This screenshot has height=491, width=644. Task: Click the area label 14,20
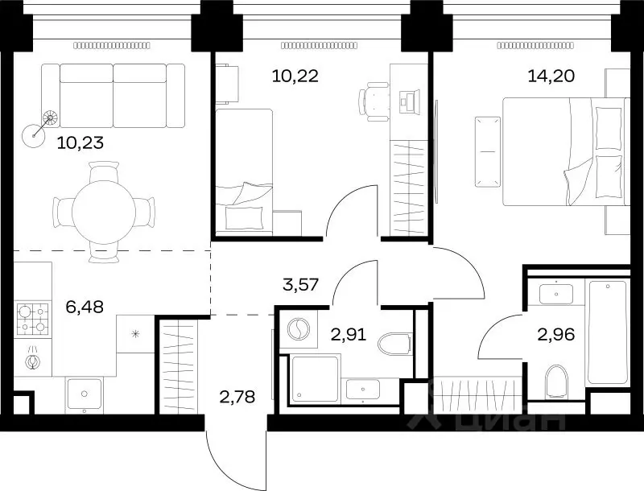[551, 76]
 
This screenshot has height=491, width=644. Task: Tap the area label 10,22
[295, 76]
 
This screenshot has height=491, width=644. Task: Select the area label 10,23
[80, 142]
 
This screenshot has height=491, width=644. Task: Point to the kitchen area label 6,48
[85, 306]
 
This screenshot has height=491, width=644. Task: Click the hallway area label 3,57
[301, 284]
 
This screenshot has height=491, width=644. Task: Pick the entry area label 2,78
[237, 397]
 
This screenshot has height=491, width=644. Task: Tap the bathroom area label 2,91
[349, 335]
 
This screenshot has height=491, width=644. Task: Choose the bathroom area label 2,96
[556, 335]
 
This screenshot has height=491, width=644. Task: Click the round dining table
[104, 212]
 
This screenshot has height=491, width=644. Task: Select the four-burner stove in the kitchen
[32, 320]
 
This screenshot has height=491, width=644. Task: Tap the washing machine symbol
[299, 330]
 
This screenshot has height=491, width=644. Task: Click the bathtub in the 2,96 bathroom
[608, 332]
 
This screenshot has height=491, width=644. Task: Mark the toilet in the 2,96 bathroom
[556, 382]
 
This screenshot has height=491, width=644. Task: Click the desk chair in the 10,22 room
[374, 101]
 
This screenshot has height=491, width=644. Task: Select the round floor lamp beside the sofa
[34, 135]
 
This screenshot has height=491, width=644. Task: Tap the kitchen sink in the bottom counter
[85, 394]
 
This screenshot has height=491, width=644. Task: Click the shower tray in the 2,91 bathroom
[315, 379]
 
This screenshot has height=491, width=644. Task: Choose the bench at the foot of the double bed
[488, 151]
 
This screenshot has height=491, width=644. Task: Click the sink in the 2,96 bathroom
[556, 294]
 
